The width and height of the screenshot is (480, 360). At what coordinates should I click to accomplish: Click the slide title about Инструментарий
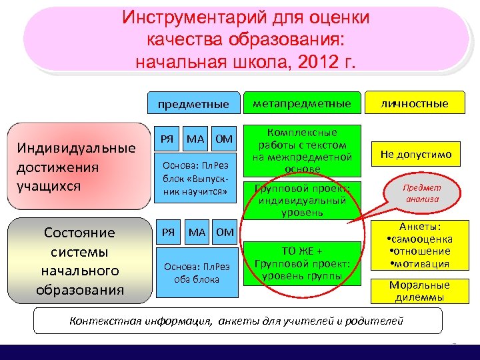tap(245, 40)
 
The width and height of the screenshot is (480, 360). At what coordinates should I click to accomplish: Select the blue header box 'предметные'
tap(193, 104)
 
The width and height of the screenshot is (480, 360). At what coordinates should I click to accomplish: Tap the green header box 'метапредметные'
tap(302, 103)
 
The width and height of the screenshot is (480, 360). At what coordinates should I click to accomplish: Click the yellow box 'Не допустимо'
tap(416, 155)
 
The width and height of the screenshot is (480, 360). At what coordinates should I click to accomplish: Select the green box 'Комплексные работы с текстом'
tap(302, 151)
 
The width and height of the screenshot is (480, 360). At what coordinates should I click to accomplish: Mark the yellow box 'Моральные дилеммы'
tap(419, 291)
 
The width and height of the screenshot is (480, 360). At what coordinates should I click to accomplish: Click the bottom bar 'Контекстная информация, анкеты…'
tap(237, 321)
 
